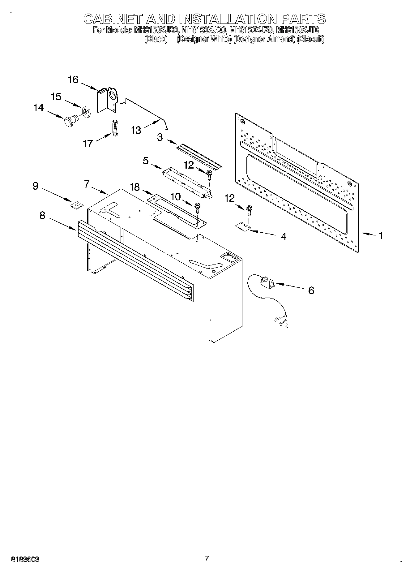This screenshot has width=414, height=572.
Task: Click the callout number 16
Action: (x=73, y=80)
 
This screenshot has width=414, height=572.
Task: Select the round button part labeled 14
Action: (x=71, y=121)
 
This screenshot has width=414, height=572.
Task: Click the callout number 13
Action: (x=136, y=130)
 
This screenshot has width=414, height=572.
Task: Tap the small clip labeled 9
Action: (x=77, y=205)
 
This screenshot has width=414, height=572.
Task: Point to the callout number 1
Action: (x=381, y=236)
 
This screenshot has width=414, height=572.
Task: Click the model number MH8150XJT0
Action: (x=297, y=30)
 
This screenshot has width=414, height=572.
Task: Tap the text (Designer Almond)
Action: (x=264, y=39)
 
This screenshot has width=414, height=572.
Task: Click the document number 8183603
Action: (x=25, y=559)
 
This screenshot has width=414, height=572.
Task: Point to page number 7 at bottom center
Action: (x=207, y=559)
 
